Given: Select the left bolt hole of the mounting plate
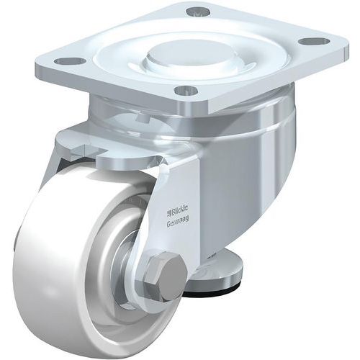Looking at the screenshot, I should point(69,60).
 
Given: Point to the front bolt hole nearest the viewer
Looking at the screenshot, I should point(186,91).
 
